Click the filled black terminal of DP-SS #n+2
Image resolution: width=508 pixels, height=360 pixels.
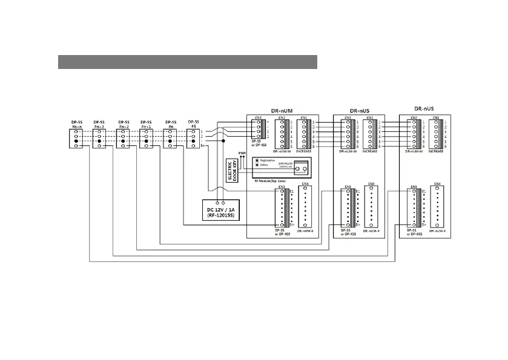pyautogui.click(x=123, y=142)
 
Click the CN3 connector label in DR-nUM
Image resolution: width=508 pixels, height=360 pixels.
pyautogui.click(x=258, y=117)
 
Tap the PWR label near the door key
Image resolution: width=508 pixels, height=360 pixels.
pyautogui.click(x=242, y=153)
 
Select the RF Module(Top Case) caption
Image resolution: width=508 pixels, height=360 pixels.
pyautogui.click(x=271, y=180)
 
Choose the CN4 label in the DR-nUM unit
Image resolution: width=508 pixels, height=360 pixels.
pyautogui.click(x=305, y=183)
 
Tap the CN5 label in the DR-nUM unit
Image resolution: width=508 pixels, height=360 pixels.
pyautogui.click(x=282, y=187)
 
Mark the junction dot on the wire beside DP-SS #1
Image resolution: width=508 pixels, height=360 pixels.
pyautogui.click(x=224, y=142)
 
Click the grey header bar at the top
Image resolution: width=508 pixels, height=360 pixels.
pyautogui.click(x=188, y=62)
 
